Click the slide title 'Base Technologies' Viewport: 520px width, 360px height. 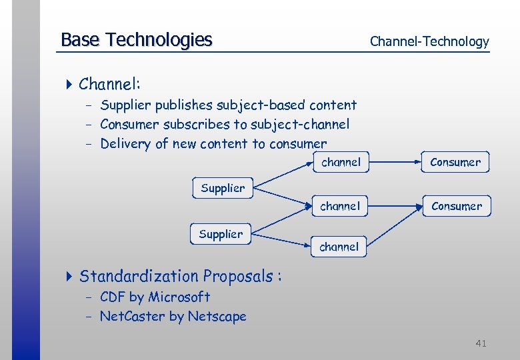click(x=136, y=40)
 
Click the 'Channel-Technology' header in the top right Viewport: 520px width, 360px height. click(x=429, y=41)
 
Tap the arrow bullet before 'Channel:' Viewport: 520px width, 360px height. click(x=70, y=84)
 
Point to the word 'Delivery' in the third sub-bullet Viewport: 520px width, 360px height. click(x=125, y=144)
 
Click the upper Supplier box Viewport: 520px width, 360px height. click(x=223, y=188)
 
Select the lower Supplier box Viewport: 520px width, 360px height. click(x=221, y=234)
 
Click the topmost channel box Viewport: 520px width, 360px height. click(x=341, y=162)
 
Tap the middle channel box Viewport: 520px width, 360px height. click(x=340, y=206)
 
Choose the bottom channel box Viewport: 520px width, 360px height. click(x=339, y=247)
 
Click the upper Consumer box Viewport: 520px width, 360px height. click(x=455, y=162)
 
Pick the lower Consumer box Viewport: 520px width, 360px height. click(x=457, y=206)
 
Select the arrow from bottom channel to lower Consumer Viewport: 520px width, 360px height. click(x=396, y=227)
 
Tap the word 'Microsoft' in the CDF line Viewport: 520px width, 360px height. click(x=179, y=297)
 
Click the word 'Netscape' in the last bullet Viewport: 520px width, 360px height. click(x=217, y=317)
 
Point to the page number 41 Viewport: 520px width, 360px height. click(x=481, y=343)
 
